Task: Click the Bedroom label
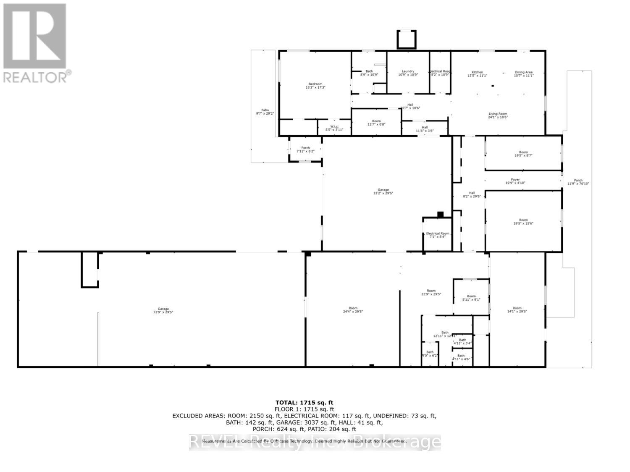coord(315,84)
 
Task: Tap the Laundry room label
coord(408,71)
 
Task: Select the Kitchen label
coord(477,72)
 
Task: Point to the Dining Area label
coord(524,72)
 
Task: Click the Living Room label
coord(498,114)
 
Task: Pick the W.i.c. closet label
coord(334,126)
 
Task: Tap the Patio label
coord(265,110)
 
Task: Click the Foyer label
coord(515,180)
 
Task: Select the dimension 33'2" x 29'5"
coord(383,193)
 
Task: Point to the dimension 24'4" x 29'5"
coord(353,312)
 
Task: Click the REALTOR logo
coord(35,42)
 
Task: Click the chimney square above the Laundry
coord(407,40)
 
